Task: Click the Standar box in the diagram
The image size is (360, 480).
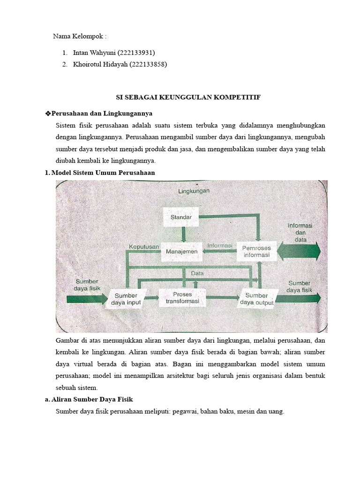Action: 184,217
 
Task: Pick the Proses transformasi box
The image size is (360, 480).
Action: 182,297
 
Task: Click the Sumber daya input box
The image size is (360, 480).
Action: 126,299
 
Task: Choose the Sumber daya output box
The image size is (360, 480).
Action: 256,299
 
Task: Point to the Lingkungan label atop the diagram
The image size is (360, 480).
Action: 194,191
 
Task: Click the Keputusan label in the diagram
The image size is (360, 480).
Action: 144,246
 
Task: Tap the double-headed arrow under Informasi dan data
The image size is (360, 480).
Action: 299,251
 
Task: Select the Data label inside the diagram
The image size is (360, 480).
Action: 197,273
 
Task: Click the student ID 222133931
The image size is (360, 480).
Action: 137,52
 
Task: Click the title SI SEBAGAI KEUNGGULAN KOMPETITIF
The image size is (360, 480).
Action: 188,97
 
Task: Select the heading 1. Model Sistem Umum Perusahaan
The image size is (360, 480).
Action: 99,172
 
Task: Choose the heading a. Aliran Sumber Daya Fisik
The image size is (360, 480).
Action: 89,399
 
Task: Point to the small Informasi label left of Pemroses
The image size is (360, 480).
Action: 220,245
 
